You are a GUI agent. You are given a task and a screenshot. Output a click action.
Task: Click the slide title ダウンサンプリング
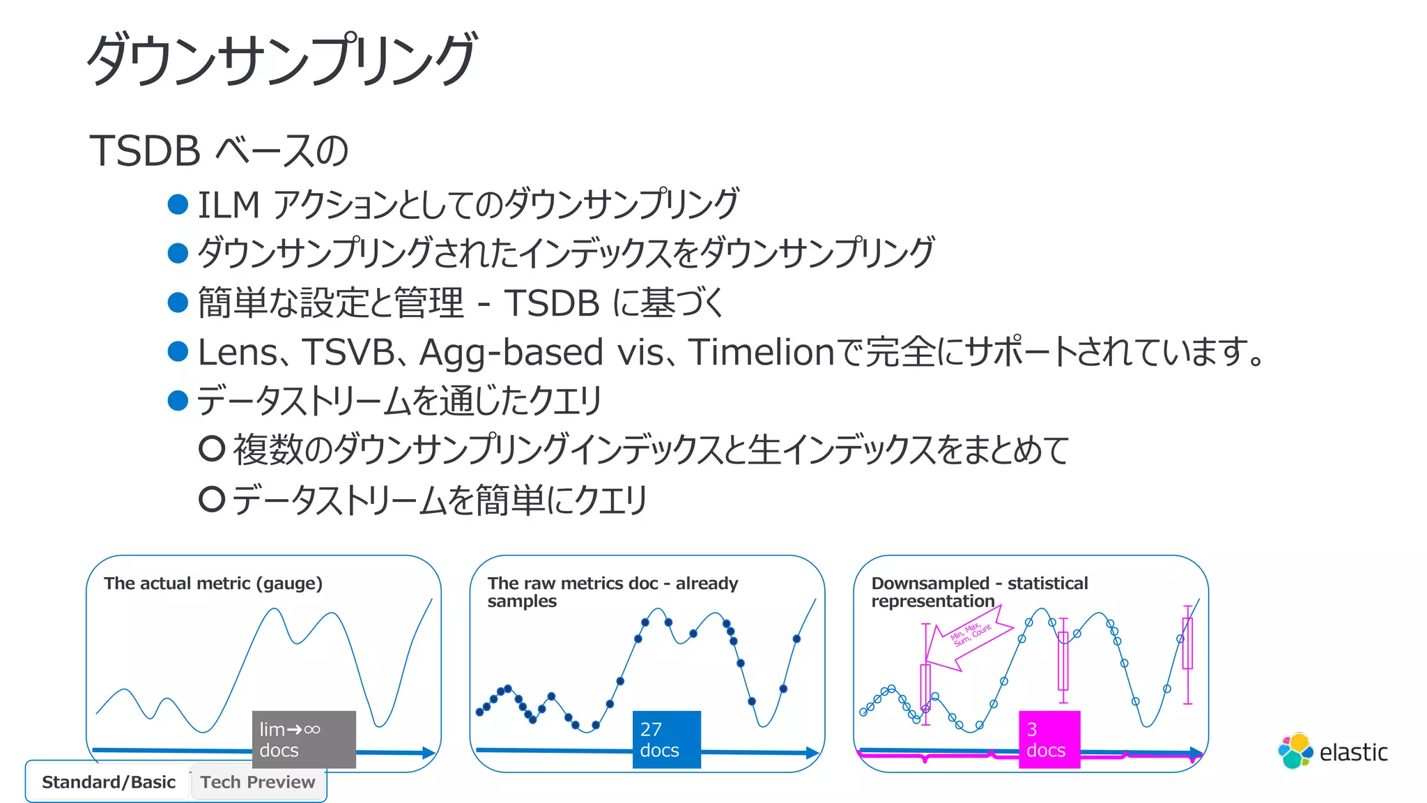coord(281,60)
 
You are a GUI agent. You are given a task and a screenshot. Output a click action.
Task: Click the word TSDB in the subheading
coord(145,151)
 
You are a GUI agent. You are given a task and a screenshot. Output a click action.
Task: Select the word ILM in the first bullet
coord(229,205)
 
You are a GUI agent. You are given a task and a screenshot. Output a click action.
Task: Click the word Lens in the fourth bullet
coord(238,352)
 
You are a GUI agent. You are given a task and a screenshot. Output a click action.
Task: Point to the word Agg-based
coord(511,352)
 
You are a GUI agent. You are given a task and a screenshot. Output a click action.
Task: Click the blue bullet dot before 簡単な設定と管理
coord(178,303)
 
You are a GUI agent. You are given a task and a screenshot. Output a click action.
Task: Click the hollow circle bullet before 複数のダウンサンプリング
coord(212,449)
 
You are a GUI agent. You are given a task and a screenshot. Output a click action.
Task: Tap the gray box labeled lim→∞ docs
coord(304,740)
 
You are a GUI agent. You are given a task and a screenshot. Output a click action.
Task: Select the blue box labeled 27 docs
coord(666,740)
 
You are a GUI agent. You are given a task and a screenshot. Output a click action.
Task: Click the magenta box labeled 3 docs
coord(1049,740)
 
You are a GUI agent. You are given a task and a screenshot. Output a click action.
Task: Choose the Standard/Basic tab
coord(109,782)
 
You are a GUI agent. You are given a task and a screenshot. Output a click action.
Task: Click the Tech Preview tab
coord(258,782)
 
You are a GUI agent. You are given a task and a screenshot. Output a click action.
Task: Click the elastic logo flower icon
coord(1295,751)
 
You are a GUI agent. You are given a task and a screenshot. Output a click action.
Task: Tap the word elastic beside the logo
coord(1353,753)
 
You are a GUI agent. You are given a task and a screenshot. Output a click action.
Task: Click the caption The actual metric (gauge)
coord(213,583)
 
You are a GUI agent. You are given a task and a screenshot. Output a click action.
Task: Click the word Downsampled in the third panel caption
coord(930,583)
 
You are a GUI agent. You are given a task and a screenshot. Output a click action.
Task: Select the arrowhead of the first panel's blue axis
coord(429,753)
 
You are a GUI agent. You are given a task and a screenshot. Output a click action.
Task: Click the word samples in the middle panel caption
coord(522,602)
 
